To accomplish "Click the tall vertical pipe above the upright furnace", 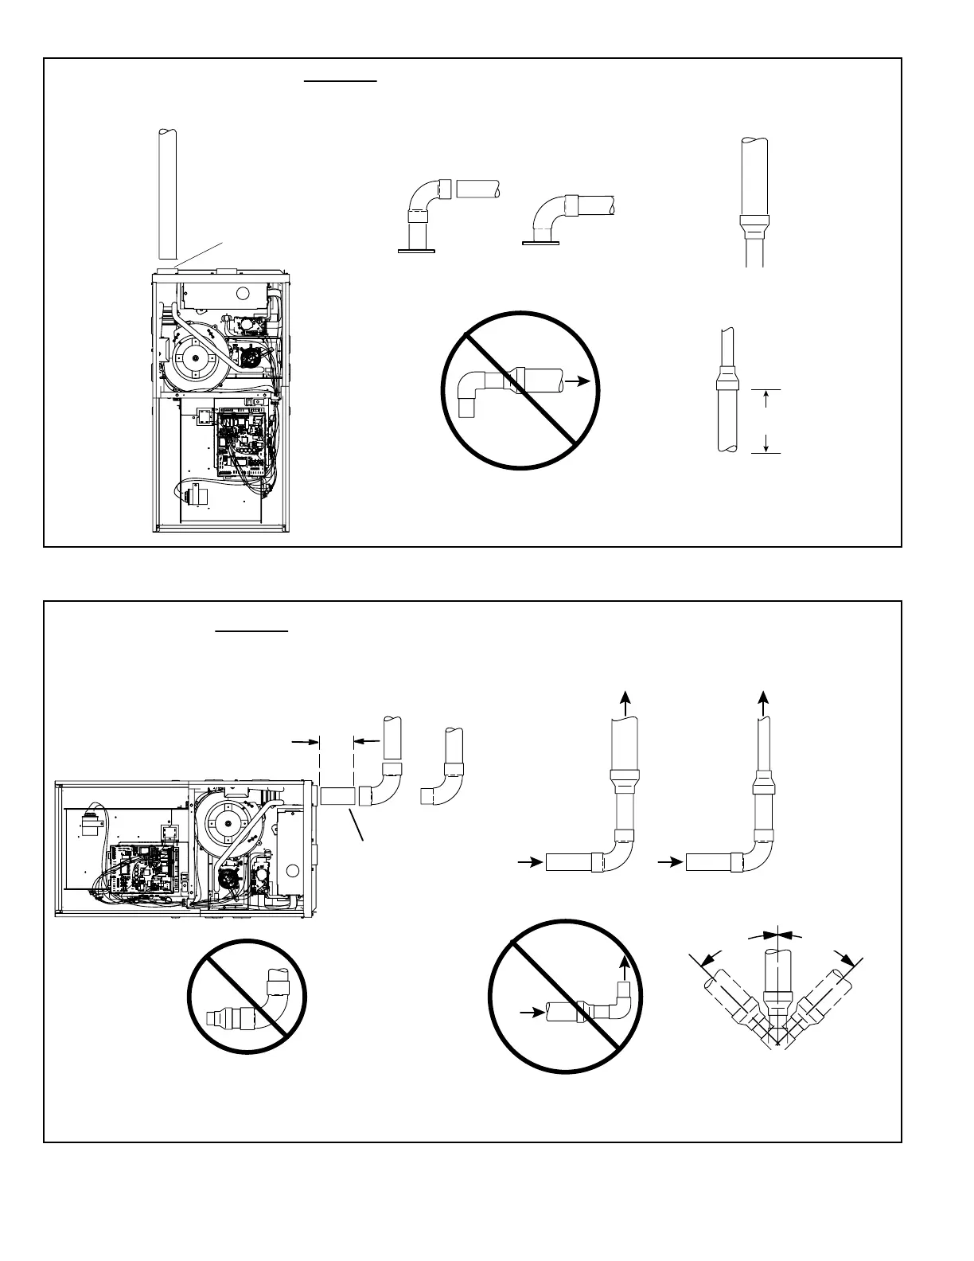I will coord(167,195).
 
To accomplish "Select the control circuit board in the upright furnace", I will coord(240,443).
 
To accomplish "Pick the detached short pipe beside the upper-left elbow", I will coord(477,189).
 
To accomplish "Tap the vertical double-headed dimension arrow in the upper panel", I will coord(766,421).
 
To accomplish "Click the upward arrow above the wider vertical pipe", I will coord(626,703).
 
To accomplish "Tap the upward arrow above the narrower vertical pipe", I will coord(764,703).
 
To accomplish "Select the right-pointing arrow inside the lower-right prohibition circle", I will coord(527,1011).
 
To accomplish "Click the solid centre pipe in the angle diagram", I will coord(775,975).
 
